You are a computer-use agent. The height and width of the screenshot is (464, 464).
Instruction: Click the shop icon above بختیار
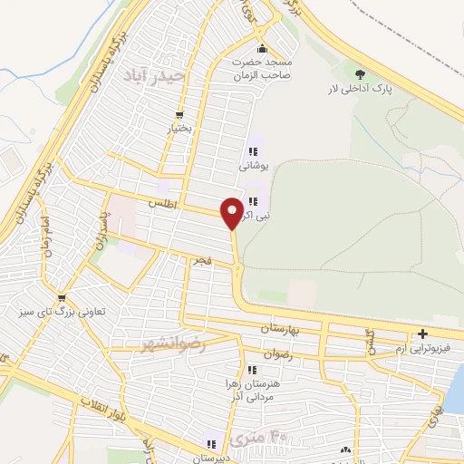click(x=179, y=115)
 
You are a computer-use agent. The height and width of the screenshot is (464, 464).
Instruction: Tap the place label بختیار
click(x=179, y=129)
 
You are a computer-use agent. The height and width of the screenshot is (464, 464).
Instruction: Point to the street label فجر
click(x=199, y=260)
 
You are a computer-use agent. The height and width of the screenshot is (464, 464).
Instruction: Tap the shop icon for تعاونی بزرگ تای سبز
click(x=61, y=297)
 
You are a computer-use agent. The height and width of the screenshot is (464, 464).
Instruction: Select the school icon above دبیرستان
click(x=210, y=444)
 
